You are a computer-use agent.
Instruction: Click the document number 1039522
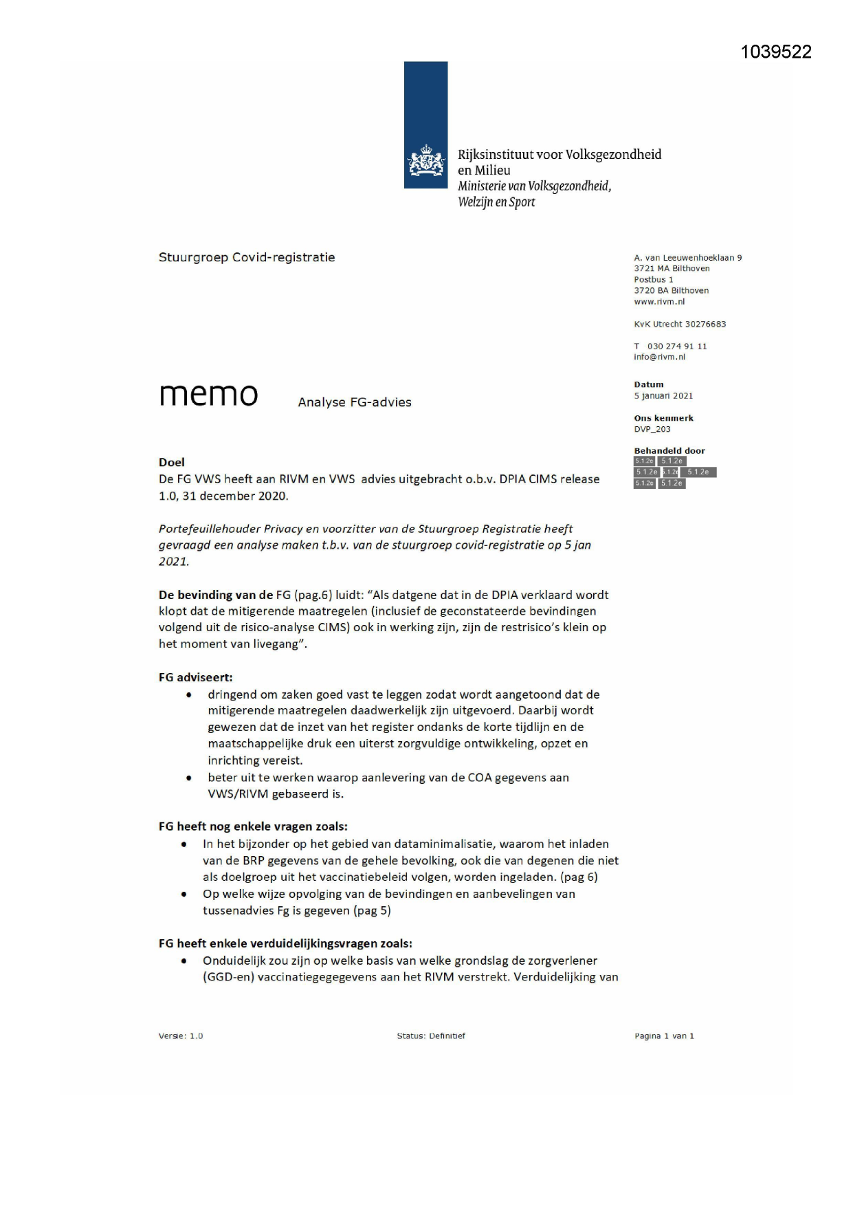click(776, 52)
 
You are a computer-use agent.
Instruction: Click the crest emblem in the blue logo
click(425, 162)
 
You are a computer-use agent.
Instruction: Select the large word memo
click(208, 395)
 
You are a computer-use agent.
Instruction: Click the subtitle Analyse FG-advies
click(355, 403)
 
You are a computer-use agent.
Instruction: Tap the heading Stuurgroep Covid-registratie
click(247, 258)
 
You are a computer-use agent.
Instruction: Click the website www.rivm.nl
click(659, 302)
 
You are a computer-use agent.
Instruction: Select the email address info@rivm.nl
click(659, 357)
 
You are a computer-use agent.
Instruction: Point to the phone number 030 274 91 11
click(676, 346)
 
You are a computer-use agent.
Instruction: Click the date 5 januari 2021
click(663, 396)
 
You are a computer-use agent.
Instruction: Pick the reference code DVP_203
click(652, 429)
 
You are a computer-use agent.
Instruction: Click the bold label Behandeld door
click(669, 451)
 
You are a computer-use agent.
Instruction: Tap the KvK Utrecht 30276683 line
click(680, 324)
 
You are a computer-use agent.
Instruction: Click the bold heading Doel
click(172, 462)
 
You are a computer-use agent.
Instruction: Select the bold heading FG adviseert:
click(195, 677)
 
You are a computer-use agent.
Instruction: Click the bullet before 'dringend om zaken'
click(189, 695)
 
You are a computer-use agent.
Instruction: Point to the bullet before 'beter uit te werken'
click(189, 778)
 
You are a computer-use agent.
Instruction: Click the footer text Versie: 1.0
click(181, 1036)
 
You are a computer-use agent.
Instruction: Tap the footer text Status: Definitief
click(431, 1036)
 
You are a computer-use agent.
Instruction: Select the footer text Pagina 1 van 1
click(664, 1036)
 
